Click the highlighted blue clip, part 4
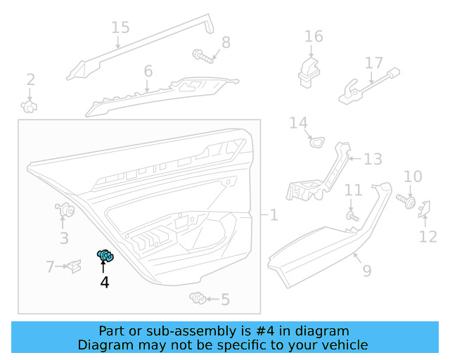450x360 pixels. click(105, 257)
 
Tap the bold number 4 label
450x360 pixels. click(105, 283)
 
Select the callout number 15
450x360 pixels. click(120, 27)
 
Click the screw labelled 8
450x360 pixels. click(201, 53)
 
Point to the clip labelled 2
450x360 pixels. click(30, 106)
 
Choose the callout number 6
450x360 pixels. click(148, 71)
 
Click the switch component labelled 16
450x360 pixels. click(309, 69)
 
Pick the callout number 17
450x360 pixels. click(374, 63)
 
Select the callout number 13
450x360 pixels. click(373, 159)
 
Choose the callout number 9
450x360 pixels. click(367, 269)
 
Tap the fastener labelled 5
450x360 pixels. click(198, 300)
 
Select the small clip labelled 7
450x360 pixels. click(74, 266)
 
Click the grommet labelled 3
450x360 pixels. click(67, 210)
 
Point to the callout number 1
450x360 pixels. click(273, 215)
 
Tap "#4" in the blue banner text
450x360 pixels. click(264, 330)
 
